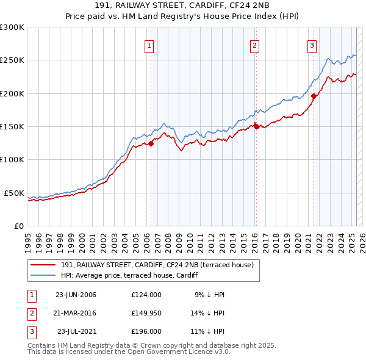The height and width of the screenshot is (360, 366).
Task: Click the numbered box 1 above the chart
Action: [x=149, y=45]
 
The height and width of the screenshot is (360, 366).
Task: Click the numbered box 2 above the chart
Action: [x=254, y=45]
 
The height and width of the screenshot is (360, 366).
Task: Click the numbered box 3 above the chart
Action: [x=312, y=45]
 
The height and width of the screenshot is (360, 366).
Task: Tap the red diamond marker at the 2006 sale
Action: [x=151, y=144]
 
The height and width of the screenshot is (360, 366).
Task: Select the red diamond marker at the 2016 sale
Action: [x=256, y=126]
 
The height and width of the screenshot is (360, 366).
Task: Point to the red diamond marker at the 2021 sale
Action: [x=314, y=96]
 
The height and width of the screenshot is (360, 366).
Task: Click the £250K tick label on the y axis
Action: [x=12, y=60]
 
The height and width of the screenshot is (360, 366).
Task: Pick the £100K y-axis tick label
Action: [x=12, y=160]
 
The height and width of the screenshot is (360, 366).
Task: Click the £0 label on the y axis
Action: [x=18, y=226]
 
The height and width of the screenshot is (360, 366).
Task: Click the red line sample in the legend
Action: [x=43, y=264]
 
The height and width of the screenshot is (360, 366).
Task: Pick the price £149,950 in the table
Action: [x=146, y=314]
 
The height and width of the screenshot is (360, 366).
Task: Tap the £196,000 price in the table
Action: [x=146, y=333]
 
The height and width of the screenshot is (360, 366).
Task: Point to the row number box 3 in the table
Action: [x=31, y=333]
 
